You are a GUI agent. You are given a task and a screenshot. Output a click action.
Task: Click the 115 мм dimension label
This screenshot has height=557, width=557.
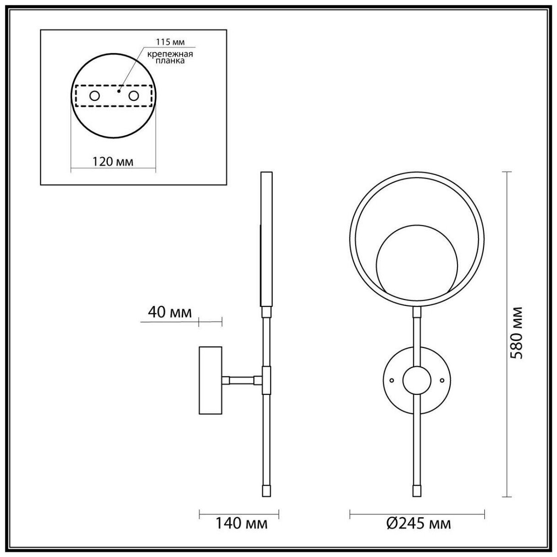pyautogui.click(x=170, y=42)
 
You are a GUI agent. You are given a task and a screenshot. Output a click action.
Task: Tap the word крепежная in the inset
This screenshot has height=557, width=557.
pyautogui.click(x=170, y=54)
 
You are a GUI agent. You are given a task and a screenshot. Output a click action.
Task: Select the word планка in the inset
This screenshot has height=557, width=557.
pyautogui.click(x=170, y=61)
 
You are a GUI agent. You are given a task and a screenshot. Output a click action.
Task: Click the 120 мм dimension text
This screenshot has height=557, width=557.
pyautogui.click(x=113, y=162)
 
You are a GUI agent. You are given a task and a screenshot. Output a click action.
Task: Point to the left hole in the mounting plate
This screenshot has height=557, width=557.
pyautogui.click(x=95, y=96)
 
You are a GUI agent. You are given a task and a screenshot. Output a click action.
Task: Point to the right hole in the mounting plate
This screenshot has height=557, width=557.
pyautogui.click(x=133, y=96)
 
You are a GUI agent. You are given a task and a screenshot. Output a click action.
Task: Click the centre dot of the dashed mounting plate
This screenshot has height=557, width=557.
pyautogui.click(x=119, y=91)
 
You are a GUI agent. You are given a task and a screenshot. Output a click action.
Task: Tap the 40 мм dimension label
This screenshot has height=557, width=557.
pyautogui.click(x=170, y=312)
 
